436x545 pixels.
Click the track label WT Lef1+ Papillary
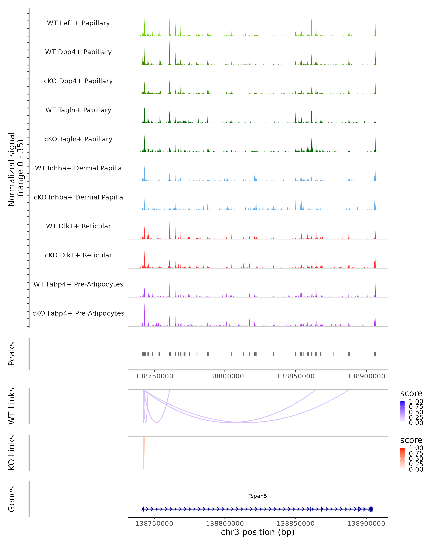click(x=78, y=23)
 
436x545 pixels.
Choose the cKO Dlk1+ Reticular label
click(x=78, y=255)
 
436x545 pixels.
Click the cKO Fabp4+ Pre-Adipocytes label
click(x=78, y=313)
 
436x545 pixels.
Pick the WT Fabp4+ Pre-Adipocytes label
click(x=78, y=284)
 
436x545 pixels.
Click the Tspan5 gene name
click(x=258, y=496)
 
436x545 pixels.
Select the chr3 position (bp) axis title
click(x=258, y=532)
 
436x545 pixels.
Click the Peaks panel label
click(x=12, y=354)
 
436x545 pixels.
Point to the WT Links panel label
click(x=12, y=406)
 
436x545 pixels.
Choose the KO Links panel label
click(x=12, y=453)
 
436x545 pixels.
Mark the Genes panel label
click(x=12, y=499)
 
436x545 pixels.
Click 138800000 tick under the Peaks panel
click(x=225, y=376)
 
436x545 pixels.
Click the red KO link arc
click(x=144, y=455)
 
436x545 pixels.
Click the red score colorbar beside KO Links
click(x=402, y=458)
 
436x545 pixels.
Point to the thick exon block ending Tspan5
click(x=371, y=509)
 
